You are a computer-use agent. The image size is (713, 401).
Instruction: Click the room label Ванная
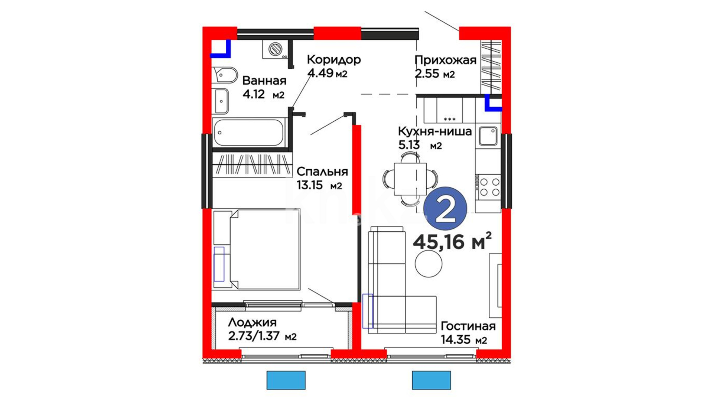[264, 81]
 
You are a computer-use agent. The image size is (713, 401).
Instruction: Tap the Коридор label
[333, 59]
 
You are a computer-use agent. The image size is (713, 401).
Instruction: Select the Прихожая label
[445, 60]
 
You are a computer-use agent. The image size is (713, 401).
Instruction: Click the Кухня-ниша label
[434, 131]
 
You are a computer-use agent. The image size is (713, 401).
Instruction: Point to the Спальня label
[322, 172]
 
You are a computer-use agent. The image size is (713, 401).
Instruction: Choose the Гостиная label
[468, 326]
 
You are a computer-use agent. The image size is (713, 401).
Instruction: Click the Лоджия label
[252, 323]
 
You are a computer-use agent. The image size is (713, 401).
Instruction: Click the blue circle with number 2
[445, 208]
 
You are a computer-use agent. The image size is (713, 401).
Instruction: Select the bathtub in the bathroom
[249, 133]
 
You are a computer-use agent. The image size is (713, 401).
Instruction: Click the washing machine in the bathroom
[276, 49]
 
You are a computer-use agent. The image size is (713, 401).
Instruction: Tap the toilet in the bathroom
[225, 75]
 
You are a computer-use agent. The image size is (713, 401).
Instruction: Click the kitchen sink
[488, 136]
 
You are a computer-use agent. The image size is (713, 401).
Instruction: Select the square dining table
[410, 179]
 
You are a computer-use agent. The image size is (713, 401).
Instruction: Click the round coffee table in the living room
[429, 264]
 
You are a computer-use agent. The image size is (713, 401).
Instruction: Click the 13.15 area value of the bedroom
[309, 185]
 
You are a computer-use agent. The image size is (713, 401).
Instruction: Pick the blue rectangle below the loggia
[286, 380]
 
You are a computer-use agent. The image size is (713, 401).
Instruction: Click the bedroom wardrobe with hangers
[252, 165]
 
